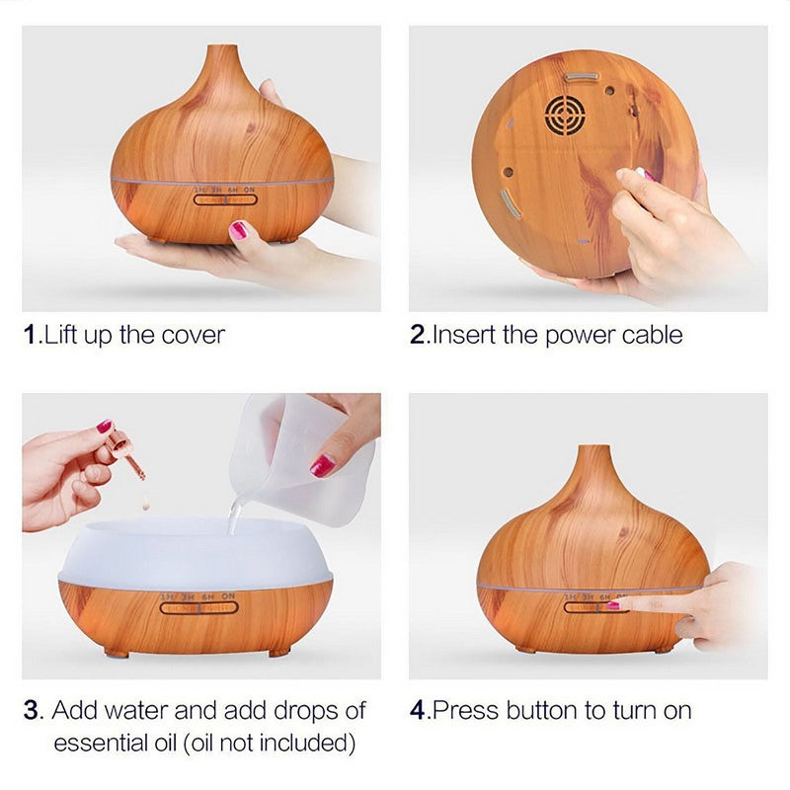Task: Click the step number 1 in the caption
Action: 30,335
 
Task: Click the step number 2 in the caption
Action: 418,335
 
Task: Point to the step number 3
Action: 31,710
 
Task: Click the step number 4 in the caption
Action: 418,710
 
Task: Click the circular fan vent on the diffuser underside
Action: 565,116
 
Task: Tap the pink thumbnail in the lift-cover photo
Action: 238,230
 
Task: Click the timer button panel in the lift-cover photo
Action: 225,199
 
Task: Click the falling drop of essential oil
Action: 145,502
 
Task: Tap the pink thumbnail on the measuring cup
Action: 322,466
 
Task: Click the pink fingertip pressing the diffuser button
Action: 613,605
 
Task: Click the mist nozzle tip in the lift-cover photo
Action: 221,46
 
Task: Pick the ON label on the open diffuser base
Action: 228,596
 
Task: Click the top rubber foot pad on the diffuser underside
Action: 582,77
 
